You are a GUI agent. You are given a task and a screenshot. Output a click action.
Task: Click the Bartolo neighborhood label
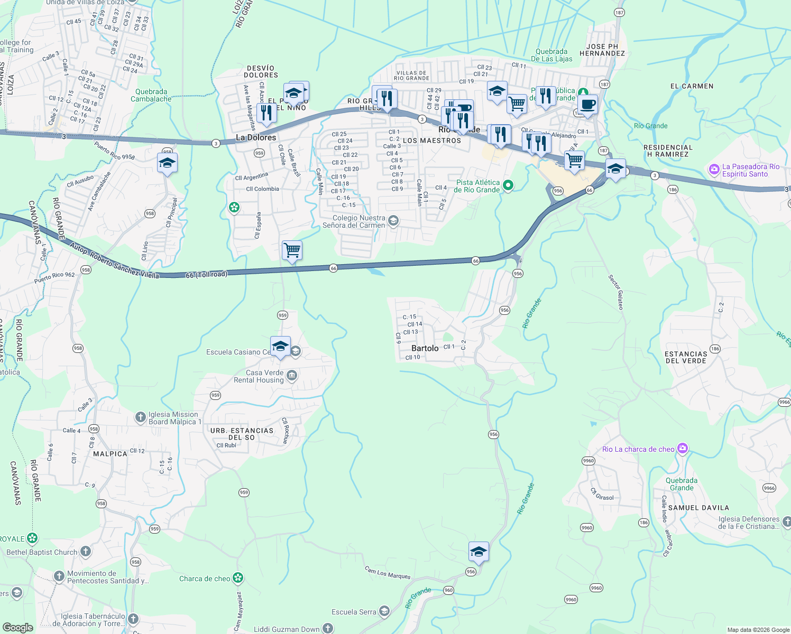(425, 348)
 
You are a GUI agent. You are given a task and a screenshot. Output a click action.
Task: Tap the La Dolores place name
(256, 137)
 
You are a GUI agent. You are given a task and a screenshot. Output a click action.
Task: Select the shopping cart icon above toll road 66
(292, 250)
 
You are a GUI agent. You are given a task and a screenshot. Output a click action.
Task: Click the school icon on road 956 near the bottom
(478, 552)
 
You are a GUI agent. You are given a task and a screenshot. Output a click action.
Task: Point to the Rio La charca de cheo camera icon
(683, 449)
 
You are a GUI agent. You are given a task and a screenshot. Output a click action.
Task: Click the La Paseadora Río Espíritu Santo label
(751, 170)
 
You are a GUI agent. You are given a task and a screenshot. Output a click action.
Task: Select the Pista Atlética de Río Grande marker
(508, 185)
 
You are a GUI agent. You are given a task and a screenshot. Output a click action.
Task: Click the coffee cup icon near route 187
(587, 104)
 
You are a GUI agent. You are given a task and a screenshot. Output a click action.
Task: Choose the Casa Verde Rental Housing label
(259, 376)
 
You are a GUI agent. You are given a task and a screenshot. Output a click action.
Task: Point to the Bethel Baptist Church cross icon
(86, 552)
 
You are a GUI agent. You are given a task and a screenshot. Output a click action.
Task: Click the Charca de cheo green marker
(238, 578)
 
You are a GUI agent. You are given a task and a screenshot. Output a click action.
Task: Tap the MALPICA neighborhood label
(110, 454)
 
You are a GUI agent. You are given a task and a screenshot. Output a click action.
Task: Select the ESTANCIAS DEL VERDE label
(686, 357)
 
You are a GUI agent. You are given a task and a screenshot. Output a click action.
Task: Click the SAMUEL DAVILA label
(698, 508)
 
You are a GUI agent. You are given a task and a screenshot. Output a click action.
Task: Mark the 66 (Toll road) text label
(206, 274)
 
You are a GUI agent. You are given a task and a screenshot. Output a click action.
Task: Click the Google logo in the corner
(17, 627)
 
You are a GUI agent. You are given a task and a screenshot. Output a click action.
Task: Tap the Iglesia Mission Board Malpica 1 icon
(140, 417)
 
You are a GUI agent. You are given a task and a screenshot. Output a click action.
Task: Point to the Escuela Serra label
(354, 612)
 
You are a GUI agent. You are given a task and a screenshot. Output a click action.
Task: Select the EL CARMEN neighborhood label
(692, 86)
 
